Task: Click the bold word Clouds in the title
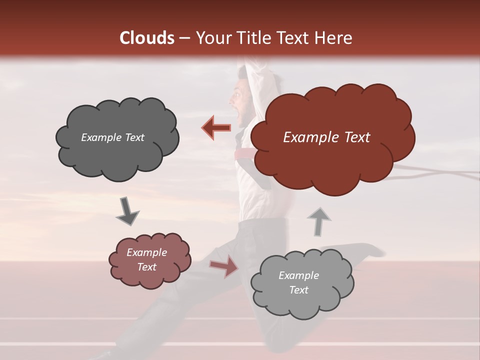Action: [x=146, y=38]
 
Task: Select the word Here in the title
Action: [x=334, y=38]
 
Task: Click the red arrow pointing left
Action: [x=216, y=128]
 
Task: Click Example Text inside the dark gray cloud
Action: [x=112, y=137]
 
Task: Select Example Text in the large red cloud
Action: [x=326, y=137]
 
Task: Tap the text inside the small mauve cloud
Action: [x=147, y=259]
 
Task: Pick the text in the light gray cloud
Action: [x=298, y=282]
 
